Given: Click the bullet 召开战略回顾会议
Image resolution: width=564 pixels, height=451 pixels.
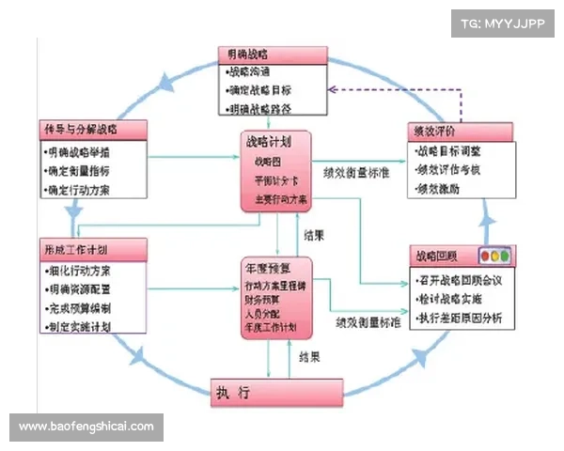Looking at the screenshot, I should click(x=463, y=281).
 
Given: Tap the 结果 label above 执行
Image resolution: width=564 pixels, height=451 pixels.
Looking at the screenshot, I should click(x=308, y=356).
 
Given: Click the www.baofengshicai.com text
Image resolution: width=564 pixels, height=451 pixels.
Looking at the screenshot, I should click(x=86, y=427).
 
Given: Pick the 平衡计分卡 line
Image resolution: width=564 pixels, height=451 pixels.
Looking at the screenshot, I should click(x=274, y=180).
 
